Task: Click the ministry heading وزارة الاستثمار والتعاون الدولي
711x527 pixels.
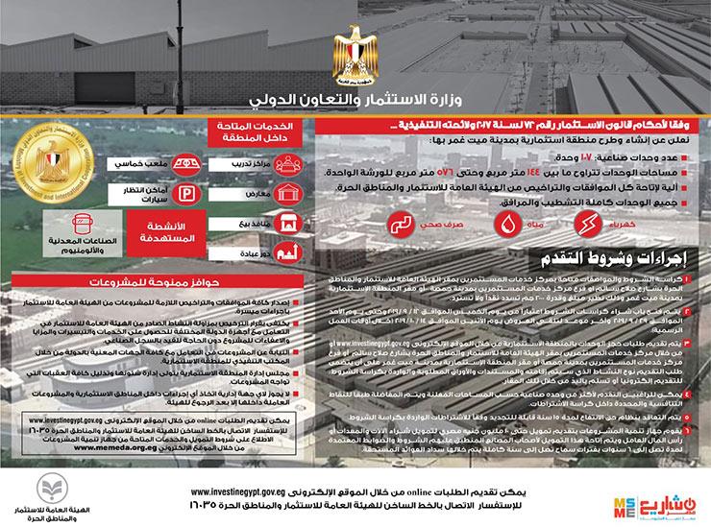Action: pyautogui.click(x=356, y=98)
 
